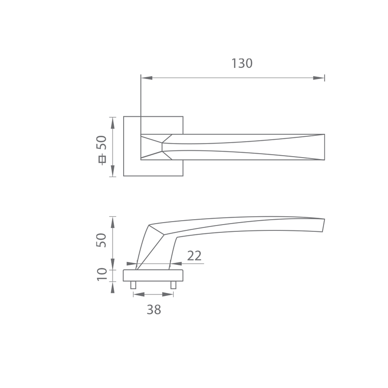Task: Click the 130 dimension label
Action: click(x=242, y=64)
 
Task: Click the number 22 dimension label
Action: click(x=194, y=256)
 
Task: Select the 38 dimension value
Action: click(x=154, y=309)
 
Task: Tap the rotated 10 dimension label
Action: click(x=102, y=274)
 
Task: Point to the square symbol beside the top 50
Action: click(x=102, y=159)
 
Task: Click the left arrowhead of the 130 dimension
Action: click(x=147, y=78)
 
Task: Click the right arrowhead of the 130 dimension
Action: click(x=319, y=78)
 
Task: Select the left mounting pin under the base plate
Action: click(x=133, y=285)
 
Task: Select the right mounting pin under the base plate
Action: click(x=173, y=285)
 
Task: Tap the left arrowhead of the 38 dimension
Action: click(x=139, y=294)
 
